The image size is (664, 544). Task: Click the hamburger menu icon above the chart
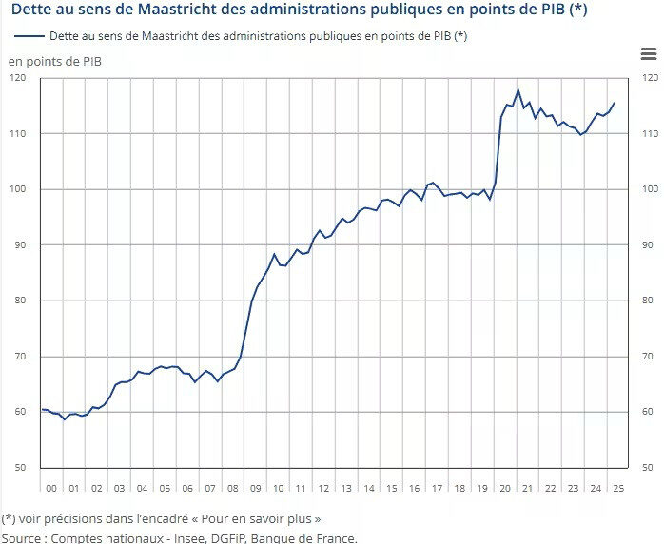pos(649,55)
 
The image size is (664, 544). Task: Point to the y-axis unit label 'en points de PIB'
pos(56,62)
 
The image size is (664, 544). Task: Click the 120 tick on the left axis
pos(20,78)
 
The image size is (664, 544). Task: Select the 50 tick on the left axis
pos(20,467)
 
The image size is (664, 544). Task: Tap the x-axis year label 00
pos(51,488)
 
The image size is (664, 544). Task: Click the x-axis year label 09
pos(255,488)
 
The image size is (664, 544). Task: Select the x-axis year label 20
pos(505,488)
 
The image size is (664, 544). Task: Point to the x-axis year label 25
pos(618,488)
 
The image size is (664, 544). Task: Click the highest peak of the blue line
pos(518,90)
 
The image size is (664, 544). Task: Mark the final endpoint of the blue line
pos(615,103)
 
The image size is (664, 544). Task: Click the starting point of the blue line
pos(43,409)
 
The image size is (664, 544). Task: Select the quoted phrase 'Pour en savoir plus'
pos(261,519)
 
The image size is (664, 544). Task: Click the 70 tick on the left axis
pos(20,357)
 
